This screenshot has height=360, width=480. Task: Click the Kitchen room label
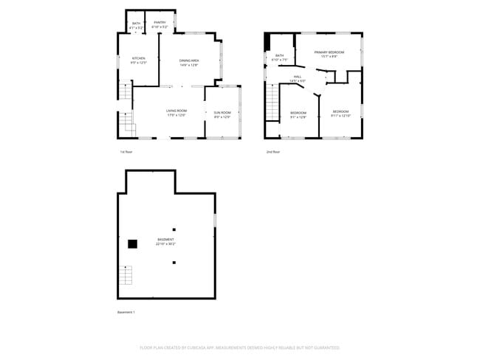139,60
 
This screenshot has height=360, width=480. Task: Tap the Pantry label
160,24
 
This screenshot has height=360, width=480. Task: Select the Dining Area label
190,63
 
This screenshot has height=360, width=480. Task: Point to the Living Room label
176,113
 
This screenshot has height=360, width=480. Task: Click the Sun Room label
222,114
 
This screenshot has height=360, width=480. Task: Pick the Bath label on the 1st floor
136,26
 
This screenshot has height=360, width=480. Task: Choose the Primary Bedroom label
329,55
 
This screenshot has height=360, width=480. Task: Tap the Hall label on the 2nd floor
298,78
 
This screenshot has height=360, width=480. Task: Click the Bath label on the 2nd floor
279,58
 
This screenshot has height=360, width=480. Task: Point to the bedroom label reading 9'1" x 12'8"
298,114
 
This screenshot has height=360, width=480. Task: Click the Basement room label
165,242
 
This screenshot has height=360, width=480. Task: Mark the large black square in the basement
133,244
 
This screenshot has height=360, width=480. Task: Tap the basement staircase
126,277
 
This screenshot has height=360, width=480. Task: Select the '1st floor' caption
126,152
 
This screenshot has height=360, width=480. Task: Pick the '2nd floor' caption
273,152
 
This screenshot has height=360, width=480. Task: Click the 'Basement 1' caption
126,312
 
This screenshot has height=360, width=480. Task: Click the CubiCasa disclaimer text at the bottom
240,347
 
